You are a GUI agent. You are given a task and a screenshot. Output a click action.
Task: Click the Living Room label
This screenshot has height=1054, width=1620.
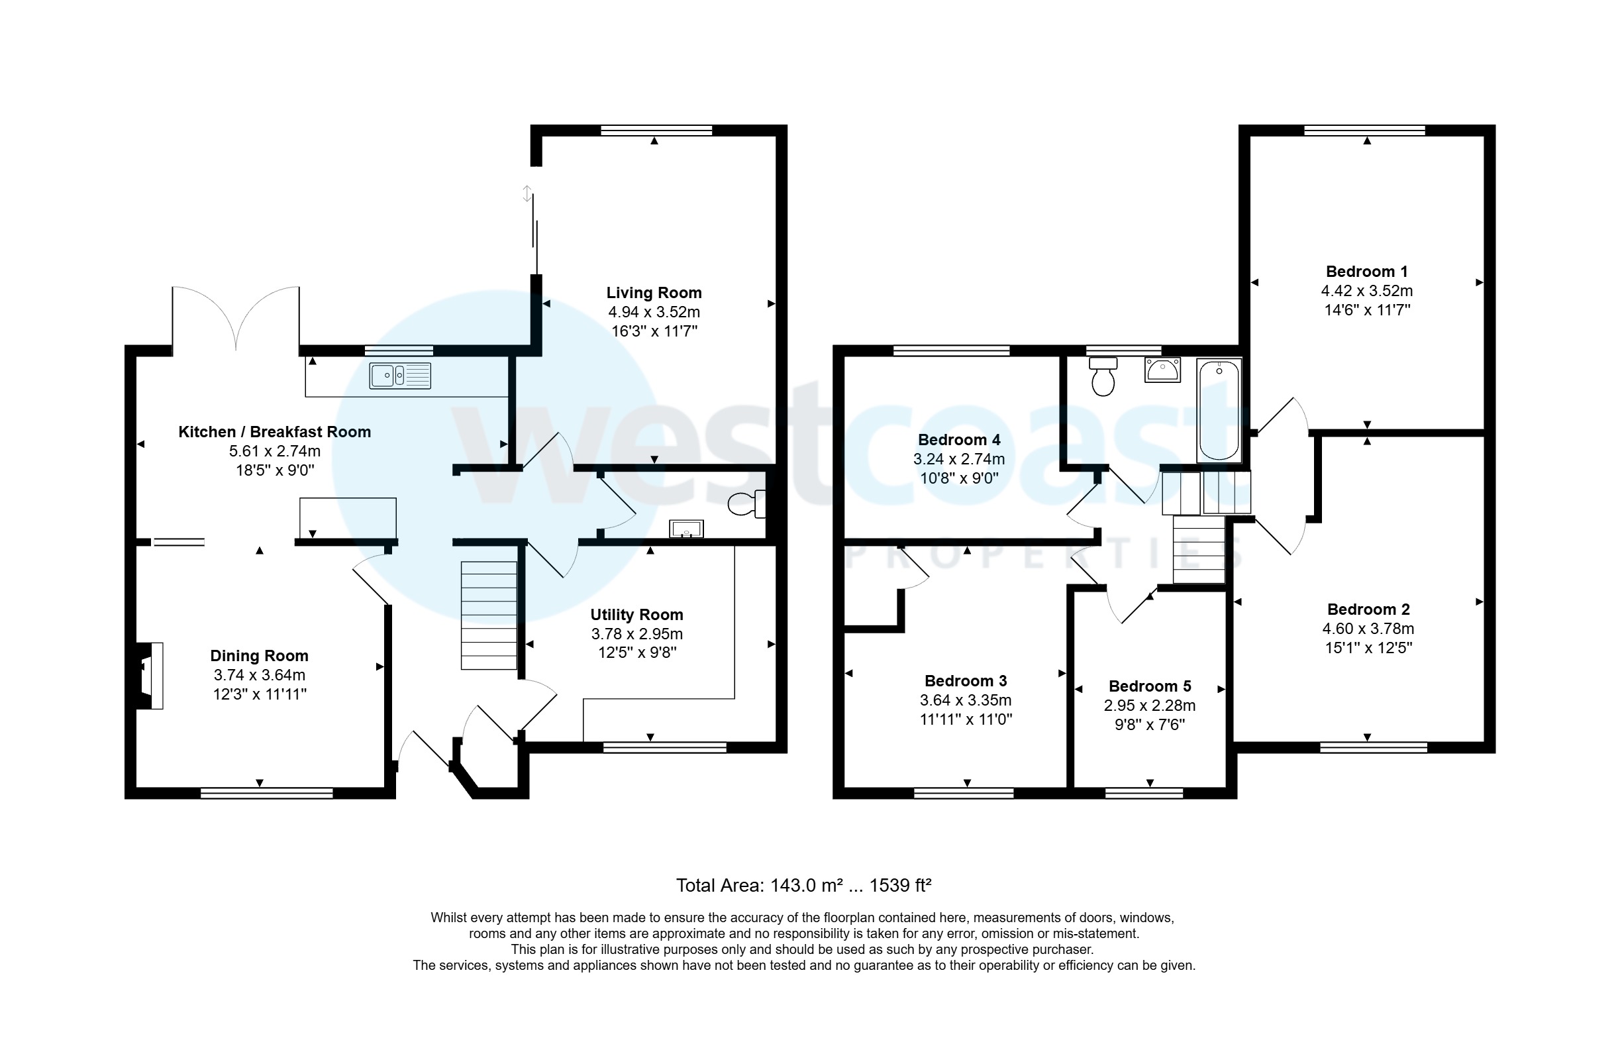pos(654,293)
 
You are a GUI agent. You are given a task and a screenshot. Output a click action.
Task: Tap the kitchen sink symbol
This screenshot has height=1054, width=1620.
pos(400,375)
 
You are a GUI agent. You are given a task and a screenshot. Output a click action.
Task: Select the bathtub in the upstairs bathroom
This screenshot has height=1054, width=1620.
pos(1219,411)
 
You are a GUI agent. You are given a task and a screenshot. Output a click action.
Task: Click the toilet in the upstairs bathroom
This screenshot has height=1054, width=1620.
pos(1103,376)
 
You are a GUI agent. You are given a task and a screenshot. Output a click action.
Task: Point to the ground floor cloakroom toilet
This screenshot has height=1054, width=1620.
pos(746,505)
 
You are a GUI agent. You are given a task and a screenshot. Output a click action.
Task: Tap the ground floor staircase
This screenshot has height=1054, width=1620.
pos(489,615)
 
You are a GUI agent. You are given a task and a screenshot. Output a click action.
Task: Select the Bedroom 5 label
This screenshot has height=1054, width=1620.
pos(1150,686)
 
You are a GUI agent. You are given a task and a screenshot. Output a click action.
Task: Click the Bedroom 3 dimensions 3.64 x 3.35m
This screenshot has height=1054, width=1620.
pos(965,700)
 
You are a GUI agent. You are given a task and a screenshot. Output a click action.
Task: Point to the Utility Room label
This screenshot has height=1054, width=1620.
pos(636,615)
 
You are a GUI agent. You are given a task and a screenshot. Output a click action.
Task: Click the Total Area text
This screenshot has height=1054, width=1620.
pos(803,885)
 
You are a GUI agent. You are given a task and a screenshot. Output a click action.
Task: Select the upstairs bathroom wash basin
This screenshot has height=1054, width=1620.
pos(1162,370)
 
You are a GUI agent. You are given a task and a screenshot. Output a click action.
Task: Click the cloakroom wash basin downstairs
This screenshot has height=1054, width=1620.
pos(685,529)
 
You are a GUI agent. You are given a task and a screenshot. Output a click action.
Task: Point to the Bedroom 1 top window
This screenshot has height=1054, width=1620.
pos(1364,130)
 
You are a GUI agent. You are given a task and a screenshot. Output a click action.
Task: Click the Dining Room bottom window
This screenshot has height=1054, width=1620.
pos(266,792)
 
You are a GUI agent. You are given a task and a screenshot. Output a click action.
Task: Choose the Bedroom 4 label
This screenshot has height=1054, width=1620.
pos(958,440)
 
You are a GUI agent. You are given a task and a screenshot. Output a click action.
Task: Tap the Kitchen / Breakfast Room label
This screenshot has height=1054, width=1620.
pos(274,432)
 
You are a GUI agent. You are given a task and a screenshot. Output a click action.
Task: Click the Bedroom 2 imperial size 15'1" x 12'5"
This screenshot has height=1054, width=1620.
pos(1368,647)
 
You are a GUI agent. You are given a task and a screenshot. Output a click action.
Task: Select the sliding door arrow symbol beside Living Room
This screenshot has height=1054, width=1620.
pos(527,193)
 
